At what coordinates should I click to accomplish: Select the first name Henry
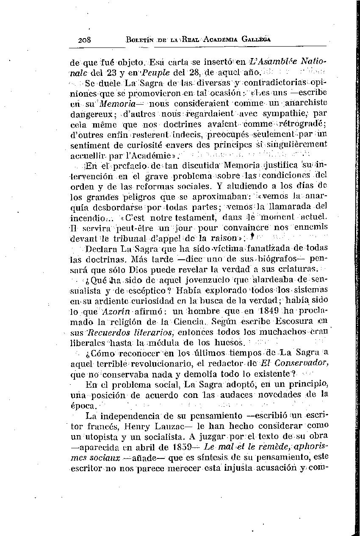[164, 426]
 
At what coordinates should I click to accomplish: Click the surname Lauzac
[196, 426]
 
